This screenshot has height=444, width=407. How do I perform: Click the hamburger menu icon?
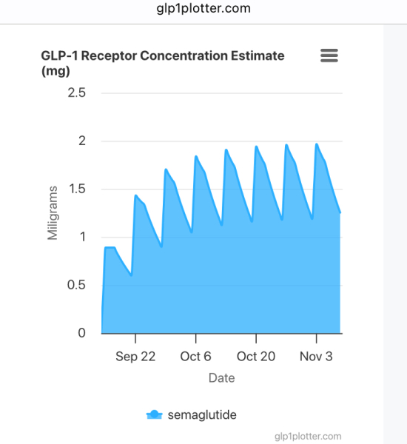329,56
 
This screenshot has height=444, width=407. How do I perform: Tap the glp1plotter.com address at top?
203,9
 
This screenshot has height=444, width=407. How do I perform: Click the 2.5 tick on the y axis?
77,92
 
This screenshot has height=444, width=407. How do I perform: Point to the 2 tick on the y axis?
81,141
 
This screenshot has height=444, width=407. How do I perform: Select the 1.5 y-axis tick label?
77,189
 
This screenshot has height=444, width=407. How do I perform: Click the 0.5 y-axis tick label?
77,285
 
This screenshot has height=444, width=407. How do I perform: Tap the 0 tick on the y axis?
81,333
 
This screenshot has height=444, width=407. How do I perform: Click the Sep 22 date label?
135,356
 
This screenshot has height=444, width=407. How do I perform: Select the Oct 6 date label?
196,356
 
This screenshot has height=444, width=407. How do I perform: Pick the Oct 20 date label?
256,356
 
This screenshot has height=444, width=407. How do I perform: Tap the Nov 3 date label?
316,356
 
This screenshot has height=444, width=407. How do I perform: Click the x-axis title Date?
221,378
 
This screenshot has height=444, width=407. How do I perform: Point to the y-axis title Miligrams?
53,212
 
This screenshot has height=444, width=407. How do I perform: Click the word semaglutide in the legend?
203,414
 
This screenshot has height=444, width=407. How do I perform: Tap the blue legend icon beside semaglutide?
154,414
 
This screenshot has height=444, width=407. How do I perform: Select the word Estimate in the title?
252,55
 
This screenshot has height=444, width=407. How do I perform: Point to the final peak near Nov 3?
317,144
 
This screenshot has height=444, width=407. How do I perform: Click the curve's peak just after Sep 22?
136,195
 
